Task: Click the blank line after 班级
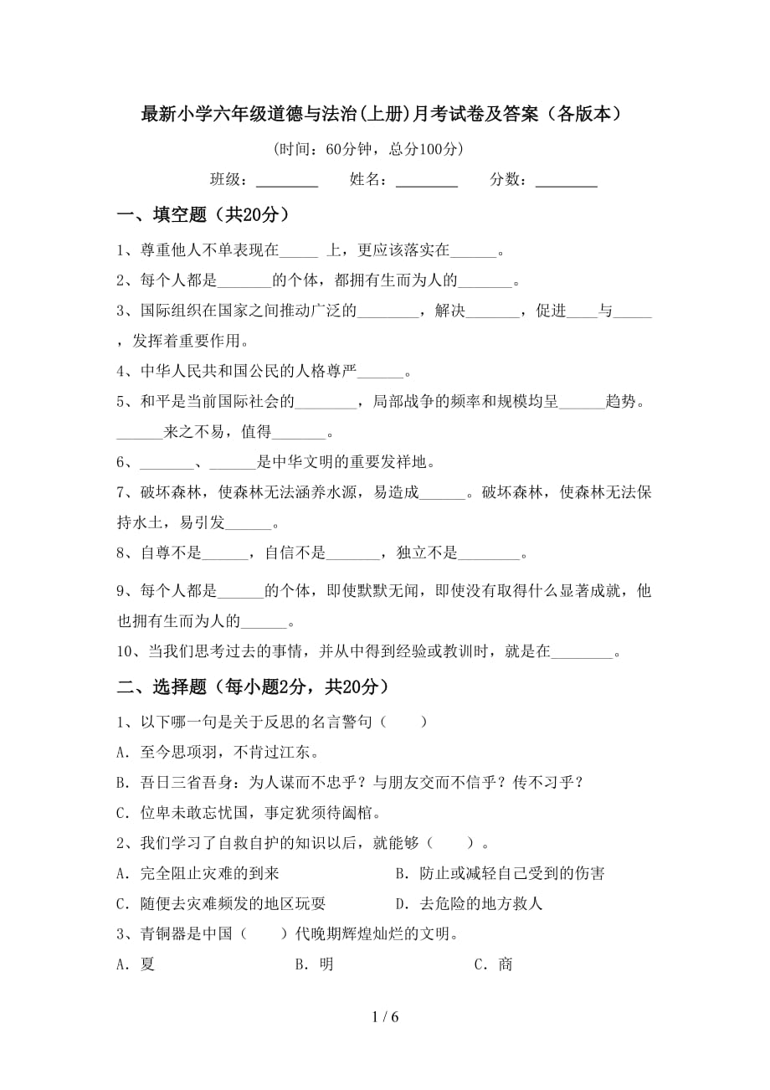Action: pos(286,182)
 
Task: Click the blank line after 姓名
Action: pos(426,182)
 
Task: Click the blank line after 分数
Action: pos(566,182)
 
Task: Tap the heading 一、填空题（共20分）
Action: pos(204,215)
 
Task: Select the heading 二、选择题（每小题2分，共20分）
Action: pos(253,687)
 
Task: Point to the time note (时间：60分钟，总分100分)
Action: pos(368,150)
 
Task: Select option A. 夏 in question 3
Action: pos(136,964)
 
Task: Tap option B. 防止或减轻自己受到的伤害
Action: pos(500,873)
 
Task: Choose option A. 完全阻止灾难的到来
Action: pos(198,873)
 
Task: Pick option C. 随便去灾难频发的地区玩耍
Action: pos(221,903)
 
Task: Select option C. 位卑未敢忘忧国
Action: pos(249,812)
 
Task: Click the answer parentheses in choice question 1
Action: pos(400,722)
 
